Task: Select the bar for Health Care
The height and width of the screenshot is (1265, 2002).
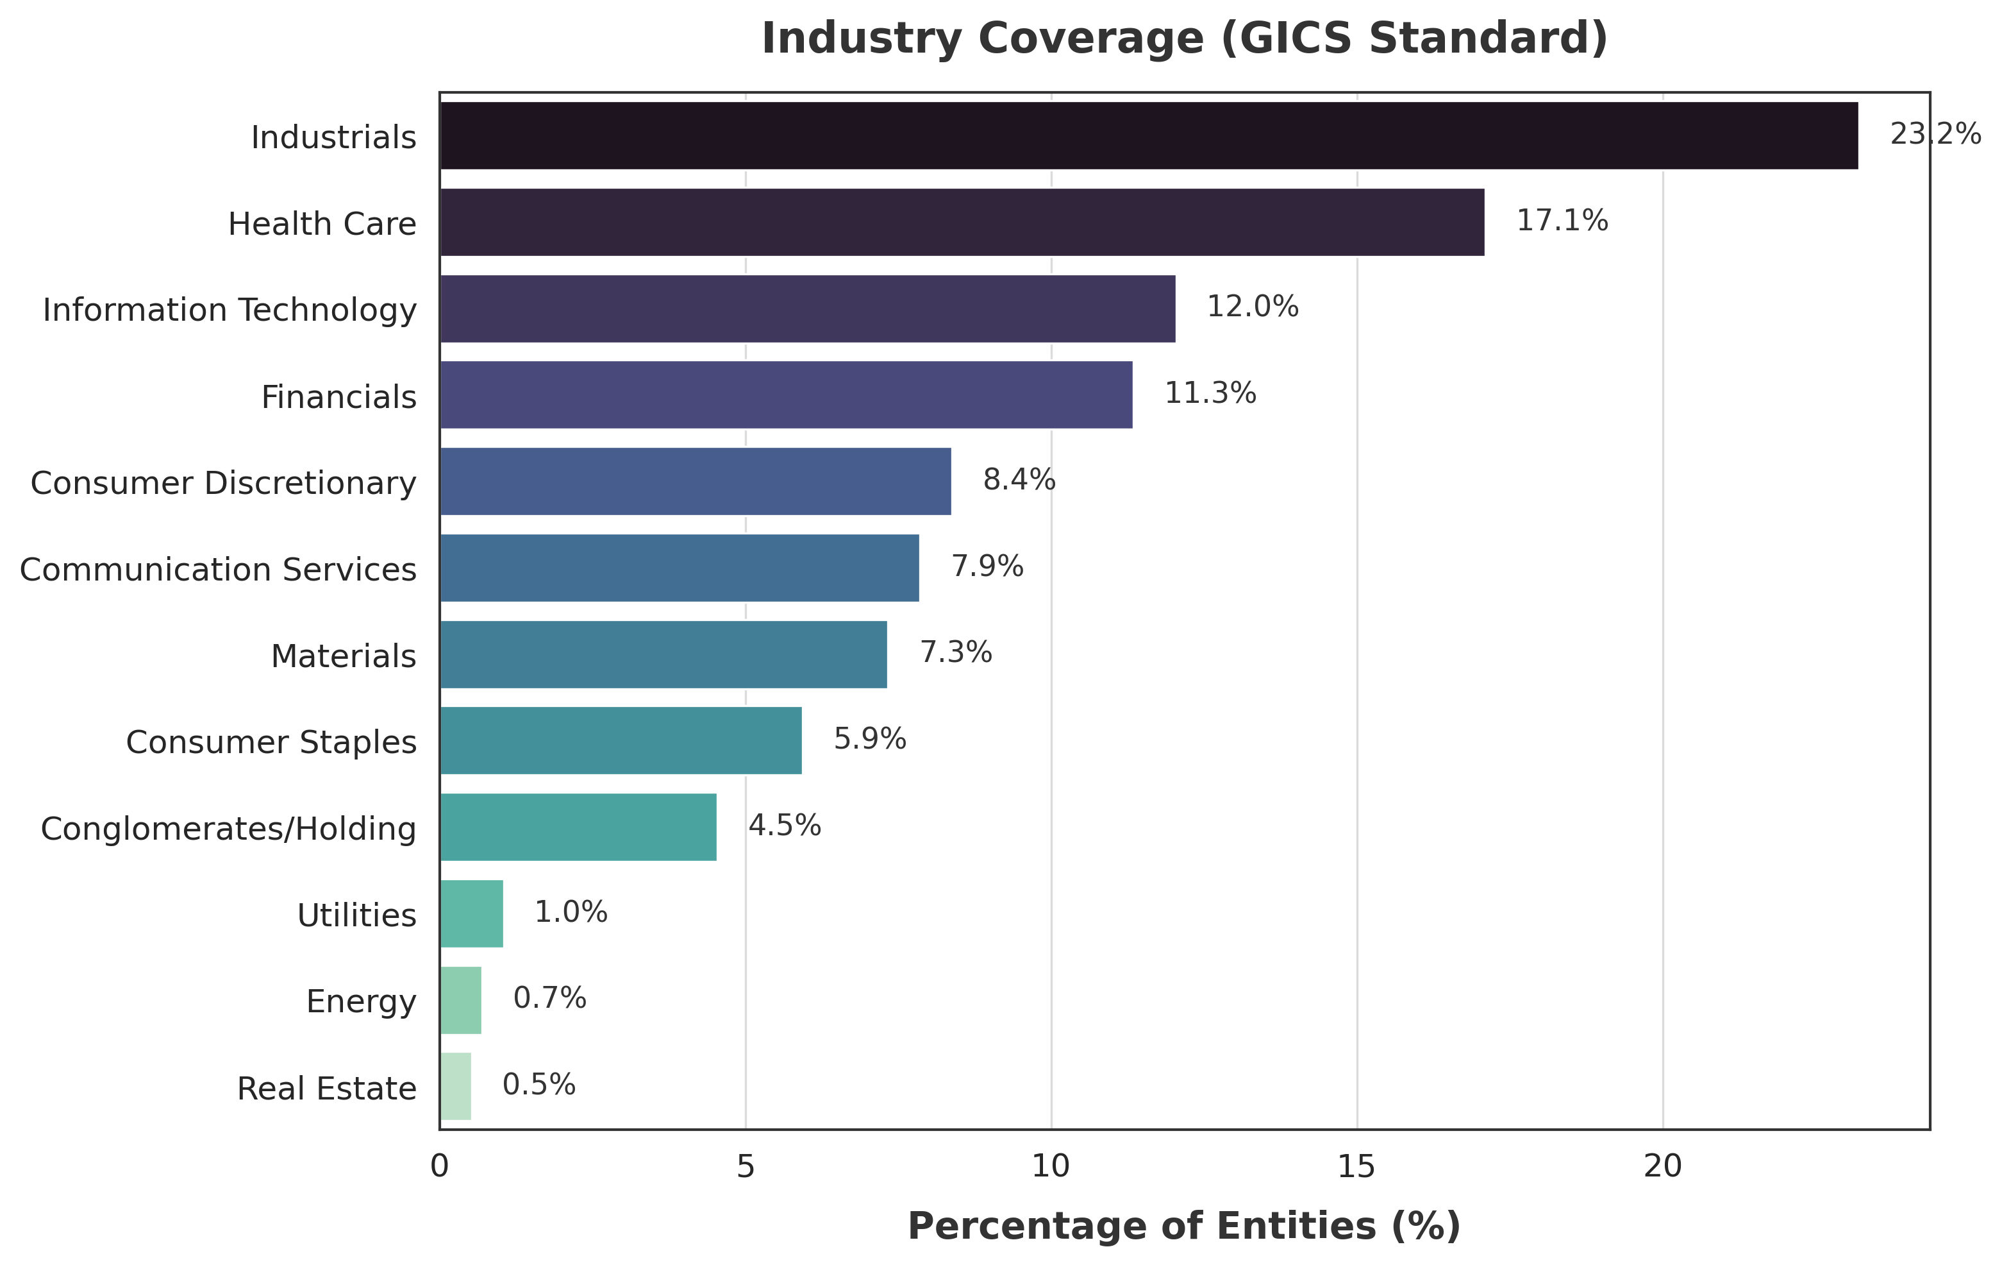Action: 961,222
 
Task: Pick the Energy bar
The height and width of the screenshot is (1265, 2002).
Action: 460,999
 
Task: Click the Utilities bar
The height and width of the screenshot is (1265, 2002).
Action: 471,913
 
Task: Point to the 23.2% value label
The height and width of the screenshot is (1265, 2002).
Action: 1934,134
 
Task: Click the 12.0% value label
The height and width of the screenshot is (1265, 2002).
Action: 1252,307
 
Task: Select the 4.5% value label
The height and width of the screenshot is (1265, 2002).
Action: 784,826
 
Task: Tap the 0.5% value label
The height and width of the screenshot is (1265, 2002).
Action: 538,1085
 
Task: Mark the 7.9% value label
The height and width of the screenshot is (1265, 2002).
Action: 987,566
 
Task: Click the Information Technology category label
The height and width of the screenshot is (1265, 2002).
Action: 229,310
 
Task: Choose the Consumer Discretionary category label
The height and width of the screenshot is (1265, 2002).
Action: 223,483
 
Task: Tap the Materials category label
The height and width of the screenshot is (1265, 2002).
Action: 344,656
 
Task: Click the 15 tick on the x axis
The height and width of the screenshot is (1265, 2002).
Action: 1357,1167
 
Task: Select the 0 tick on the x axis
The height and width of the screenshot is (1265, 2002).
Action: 440,1167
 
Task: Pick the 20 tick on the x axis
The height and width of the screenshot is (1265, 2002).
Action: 1663,1167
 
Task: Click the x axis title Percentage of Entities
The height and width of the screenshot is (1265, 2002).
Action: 1184,1227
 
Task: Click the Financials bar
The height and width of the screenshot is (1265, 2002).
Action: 786,395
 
